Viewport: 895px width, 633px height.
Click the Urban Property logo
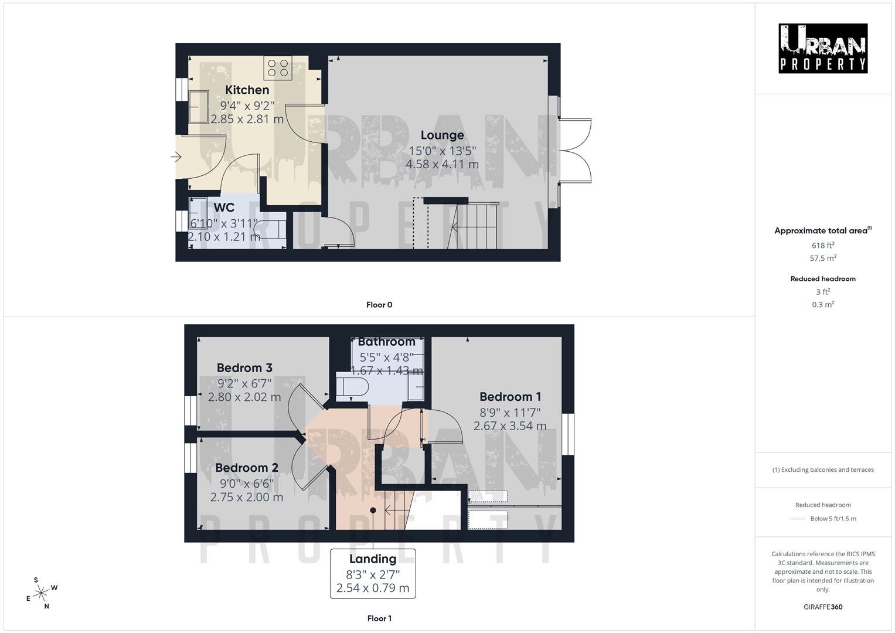point(823,48)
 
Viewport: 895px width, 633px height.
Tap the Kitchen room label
point(247,90)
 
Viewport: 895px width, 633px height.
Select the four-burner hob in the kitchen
point(278,67)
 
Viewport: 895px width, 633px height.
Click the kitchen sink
point(199,106)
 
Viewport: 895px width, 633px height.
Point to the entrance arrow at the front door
point(176,156)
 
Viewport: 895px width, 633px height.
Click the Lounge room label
point(442,135)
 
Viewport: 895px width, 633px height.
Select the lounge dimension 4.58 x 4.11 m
point(442,164)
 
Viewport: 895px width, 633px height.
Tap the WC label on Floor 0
point(224,207)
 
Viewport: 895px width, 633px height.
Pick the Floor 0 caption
point(379,305)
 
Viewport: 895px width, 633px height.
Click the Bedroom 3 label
point(244,367)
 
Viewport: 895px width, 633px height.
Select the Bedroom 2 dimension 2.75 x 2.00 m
point(247,497)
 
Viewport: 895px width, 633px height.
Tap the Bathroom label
point(386,342)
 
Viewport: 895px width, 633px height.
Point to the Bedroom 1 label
point(510,397)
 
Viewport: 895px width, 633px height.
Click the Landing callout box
point(373,573)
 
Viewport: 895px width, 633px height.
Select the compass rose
point(41,593)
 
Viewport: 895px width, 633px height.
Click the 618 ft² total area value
point(823,246)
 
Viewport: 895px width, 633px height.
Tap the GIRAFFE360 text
point(823,607)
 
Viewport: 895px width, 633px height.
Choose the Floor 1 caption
point(379,618)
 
